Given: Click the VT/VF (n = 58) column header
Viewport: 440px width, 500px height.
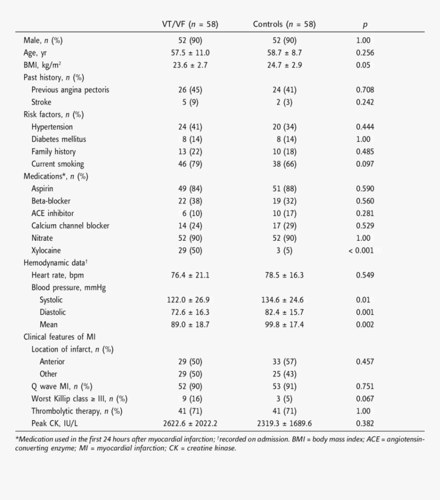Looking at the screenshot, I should click(x=189, y=24).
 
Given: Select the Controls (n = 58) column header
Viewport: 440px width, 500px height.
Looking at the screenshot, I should click(x=284, y=24).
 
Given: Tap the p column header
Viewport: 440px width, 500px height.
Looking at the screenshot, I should click(x=365, y=25).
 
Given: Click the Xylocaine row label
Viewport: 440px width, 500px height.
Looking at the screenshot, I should click(x=46, y=251).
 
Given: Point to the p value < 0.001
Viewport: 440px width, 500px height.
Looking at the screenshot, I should click(x=365, y=251).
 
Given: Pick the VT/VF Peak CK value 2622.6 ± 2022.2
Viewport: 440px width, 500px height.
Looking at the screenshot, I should click(x=190, y=423).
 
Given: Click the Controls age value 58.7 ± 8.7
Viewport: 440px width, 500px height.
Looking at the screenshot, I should click(x=284, y=53).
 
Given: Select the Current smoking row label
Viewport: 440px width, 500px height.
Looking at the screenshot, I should click(x=57, y=164).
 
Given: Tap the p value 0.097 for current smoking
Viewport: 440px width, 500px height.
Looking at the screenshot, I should click(x=365, y=164).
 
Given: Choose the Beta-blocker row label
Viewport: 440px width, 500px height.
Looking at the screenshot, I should click(x=51, y=201).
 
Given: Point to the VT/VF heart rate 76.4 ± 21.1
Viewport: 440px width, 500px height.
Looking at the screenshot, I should click(x=190, y=275).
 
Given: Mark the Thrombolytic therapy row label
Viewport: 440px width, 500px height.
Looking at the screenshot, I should click(x=77, y=411).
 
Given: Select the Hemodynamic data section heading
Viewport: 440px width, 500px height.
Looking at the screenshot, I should click(x=56, y=263).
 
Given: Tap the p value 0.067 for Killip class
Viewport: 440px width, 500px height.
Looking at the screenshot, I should click(x=365, y=399).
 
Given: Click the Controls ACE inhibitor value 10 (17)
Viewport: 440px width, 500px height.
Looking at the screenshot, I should click(x=284, y=213).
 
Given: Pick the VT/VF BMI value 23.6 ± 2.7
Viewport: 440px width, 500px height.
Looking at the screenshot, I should click(x=190, y=65).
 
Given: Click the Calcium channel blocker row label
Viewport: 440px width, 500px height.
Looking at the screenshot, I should click(x=70, y=225).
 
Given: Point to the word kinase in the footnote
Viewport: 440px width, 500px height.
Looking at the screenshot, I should click(x=225, y=449).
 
